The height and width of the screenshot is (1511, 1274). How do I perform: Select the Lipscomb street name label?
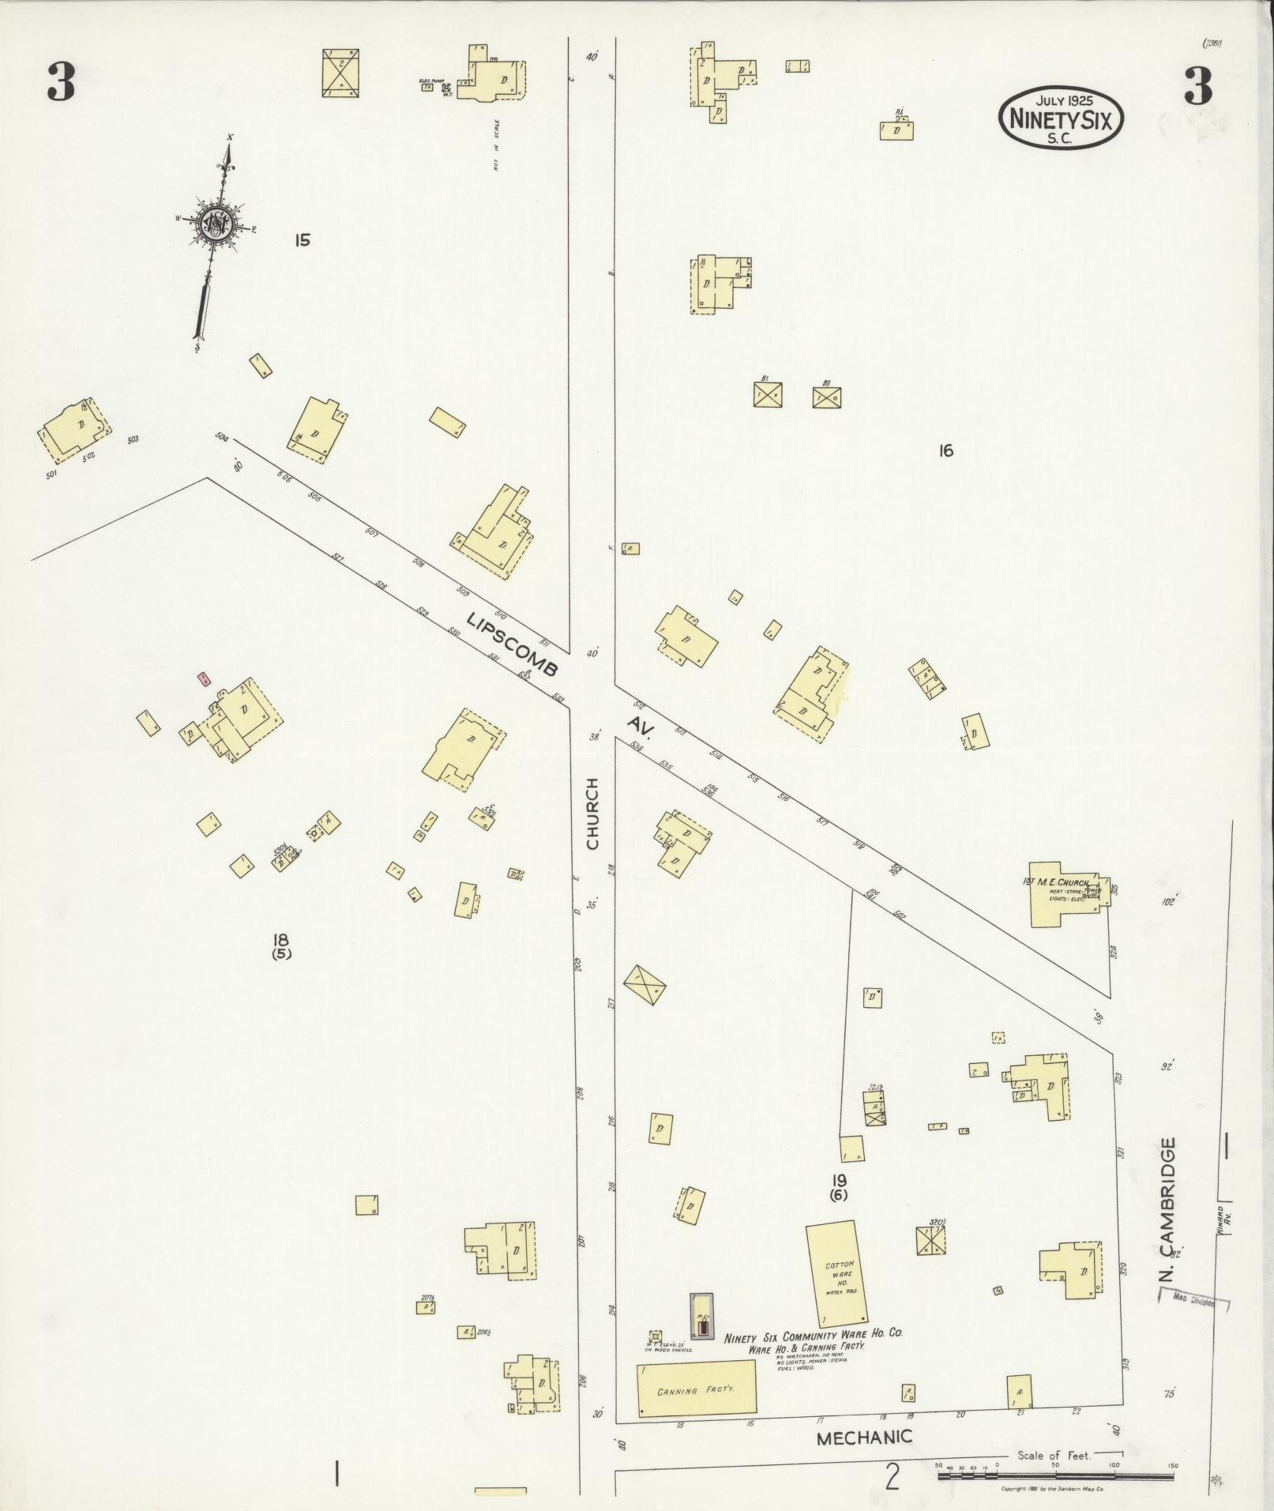click(513, 645)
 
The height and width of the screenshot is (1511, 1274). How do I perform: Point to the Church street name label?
click(593, 814)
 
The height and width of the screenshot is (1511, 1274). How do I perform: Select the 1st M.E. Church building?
click(1062, 894)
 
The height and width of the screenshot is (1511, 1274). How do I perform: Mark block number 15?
click(302, 239)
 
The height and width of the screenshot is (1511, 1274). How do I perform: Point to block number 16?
click(945, 451)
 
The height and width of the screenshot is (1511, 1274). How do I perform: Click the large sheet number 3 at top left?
click(61, 82)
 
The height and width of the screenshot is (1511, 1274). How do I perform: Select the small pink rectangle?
click(203, 678)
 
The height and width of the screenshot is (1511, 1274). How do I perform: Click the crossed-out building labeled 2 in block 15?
click(341, 73)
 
